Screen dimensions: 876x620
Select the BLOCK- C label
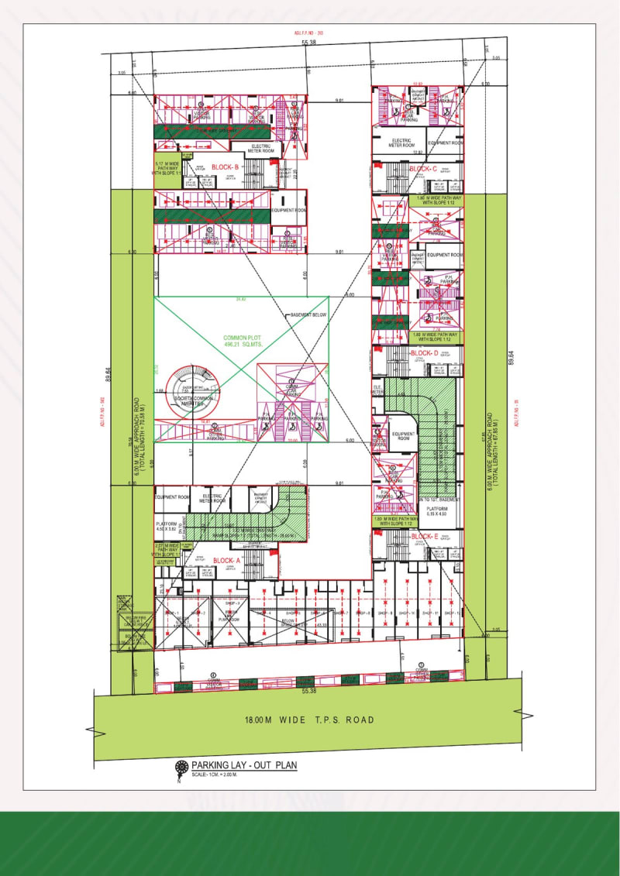[x=424, y=168]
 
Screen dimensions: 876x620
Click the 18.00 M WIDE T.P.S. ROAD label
[x=308, y=720]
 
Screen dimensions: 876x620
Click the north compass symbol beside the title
[x=182, y=768]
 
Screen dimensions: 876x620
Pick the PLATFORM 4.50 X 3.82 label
[x=167, y=527]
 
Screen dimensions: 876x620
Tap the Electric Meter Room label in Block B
[x=262, y=149]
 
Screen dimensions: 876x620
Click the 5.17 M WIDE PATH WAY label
[x=167, y=168]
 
